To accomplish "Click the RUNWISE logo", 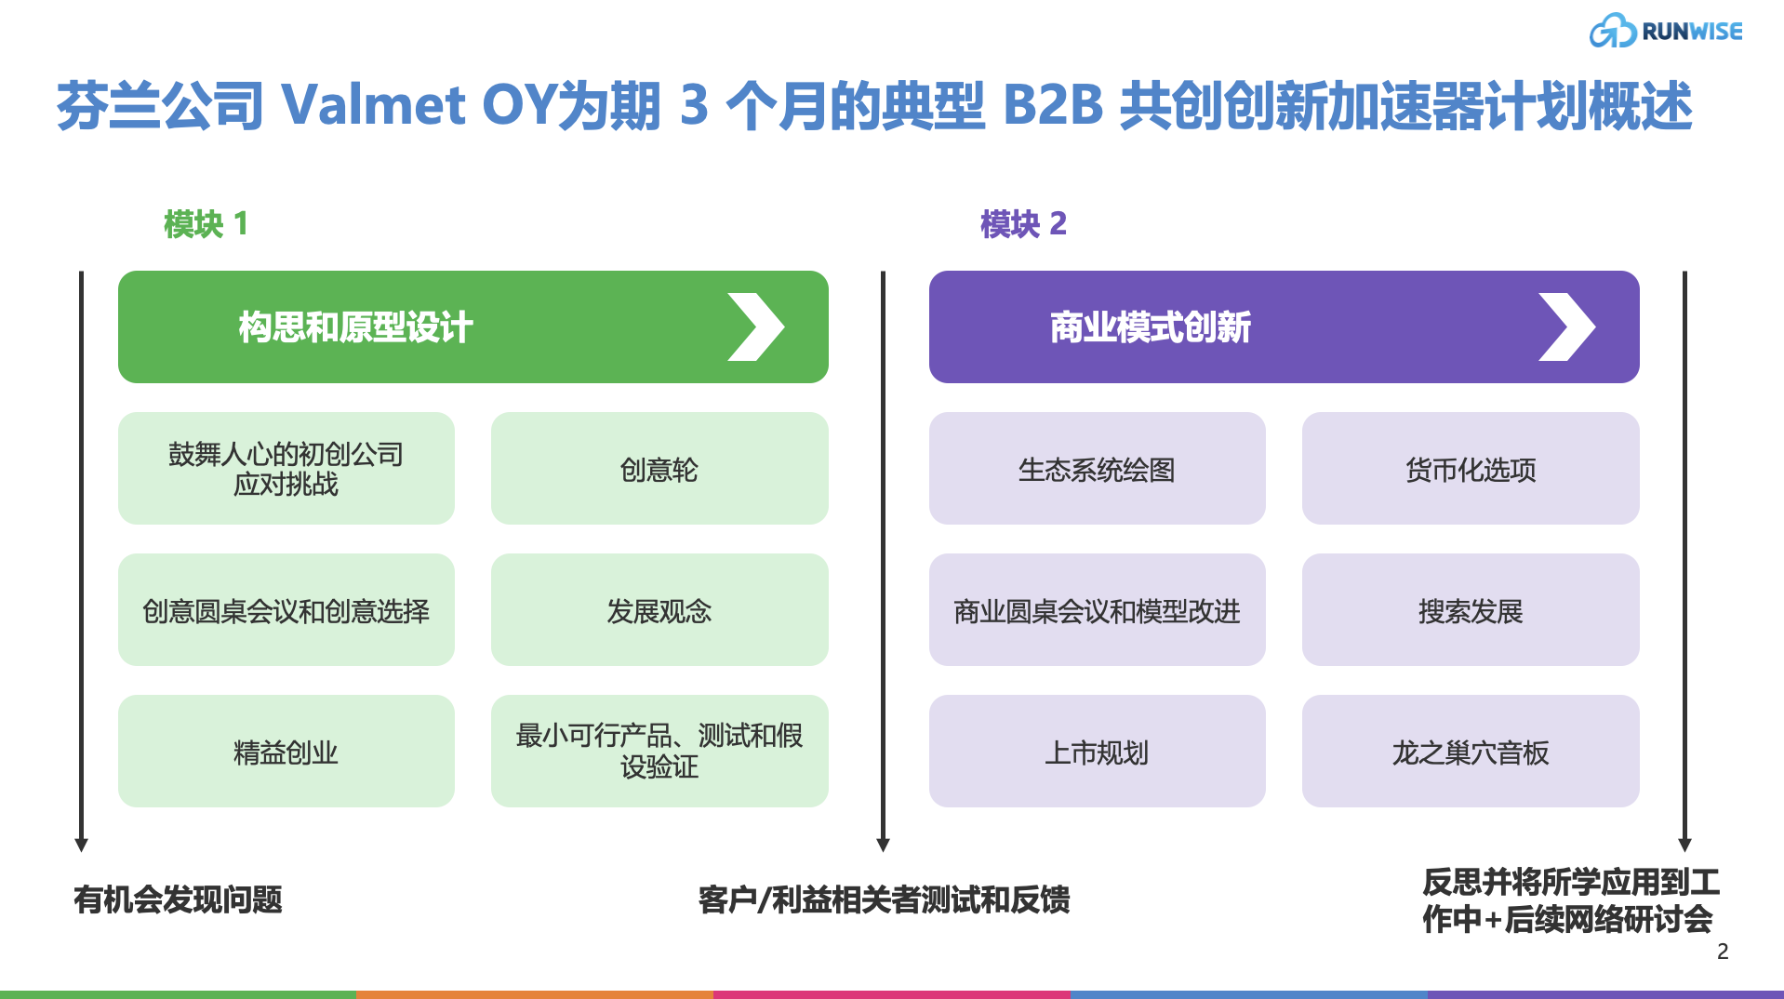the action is pyautogui.click(x=1665, y=31).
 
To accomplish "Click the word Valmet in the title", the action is pyautogui.click(x=372, y=104).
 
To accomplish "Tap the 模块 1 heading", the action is pyautogui.click(x=206, y=224).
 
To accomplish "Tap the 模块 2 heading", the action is pyautogui.click(x=1023, y=224).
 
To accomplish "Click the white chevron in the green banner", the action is pyautogui.click(x=755, y=326).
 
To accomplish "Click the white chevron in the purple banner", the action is pyautogui.click(x=1566, y=326).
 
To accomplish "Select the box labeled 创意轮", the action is pyautogui.click(x=659, y=469).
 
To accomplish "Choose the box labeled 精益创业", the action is pyautogui.click(x=286, y=752).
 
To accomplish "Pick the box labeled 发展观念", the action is pyautogui.click(x=659, y=610).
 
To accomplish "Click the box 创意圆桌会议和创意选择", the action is pyautogui.click(x=286, y=610).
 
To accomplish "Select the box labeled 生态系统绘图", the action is pyautogui.click(x=1097, y=469).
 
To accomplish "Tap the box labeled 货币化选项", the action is pyautogui.click(x=1470, y=469).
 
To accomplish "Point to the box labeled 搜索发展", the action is pyautogui.click(x=1470, y=610).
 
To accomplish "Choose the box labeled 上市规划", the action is pyautogui.click(x=1097, y=752).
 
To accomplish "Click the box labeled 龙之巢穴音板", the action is pyautogui.click(x=1470, y=752).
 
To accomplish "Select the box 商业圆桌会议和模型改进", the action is pyautogui.click(x=1097, y=610).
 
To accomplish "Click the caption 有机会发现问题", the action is pyautogui.click(x=178, y=899).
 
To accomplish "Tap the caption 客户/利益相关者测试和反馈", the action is pyautogui.click(x=884, y=899).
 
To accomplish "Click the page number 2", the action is pyautogui.click(x=1723, y=952).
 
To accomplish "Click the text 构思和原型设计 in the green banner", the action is pyautogui.click(x=355, y=327).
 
